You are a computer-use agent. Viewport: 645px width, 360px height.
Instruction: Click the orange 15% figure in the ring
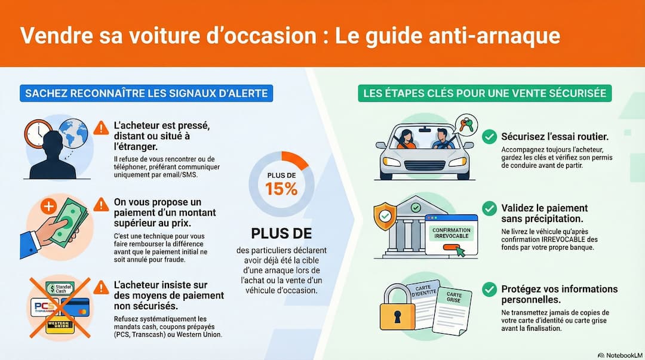click(x=281, y=189)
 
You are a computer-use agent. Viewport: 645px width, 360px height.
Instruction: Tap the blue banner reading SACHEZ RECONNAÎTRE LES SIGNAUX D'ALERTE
click(x=146, y=93)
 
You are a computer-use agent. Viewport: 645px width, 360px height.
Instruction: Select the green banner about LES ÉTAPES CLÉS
click(x=484, y=93)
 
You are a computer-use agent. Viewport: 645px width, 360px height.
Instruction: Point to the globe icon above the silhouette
click(x=73, y=133)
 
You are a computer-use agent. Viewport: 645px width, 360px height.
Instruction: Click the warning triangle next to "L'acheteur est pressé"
click(x=101, y=128)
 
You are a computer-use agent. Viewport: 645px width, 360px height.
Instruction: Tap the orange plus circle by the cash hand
click(x=48, y=206)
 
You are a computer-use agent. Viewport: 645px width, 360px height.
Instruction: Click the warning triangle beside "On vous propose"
click(x=101, y=205)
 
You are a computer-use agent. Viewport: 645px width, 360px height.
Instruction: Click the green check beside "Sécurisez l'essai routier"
click(x=489, y=137)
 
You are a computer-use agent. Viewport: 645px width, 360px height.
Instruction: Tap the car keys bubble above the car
click(x=466, y=125)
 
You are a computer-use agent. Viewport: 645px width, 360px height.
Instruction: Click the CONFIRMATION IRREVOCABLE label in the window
click(x=451, y=233)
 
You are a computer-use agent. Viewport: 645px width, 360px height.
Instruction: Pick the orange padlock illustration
click(x=397, y=307)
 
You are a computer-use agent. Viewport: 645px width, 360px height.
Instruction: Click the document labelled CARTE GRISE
click(x=452, y=311)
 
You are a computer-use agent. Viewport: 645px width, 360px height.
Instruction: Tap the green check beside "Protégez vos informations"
click(x=489, y=290)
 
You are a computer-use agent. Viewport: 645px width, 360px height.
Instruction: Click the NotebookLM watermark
click(x=620, y=355)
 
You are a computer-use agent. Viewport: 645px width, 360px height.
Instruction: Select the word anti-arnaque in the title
click(x=494, y=36)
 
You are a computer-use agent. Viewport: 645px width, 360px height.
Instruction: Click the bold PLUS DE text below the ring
click(x=281, y=233)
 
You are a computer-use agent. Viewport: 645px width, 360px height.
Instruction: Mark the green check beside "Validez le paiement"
click(x=489, y=208)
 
